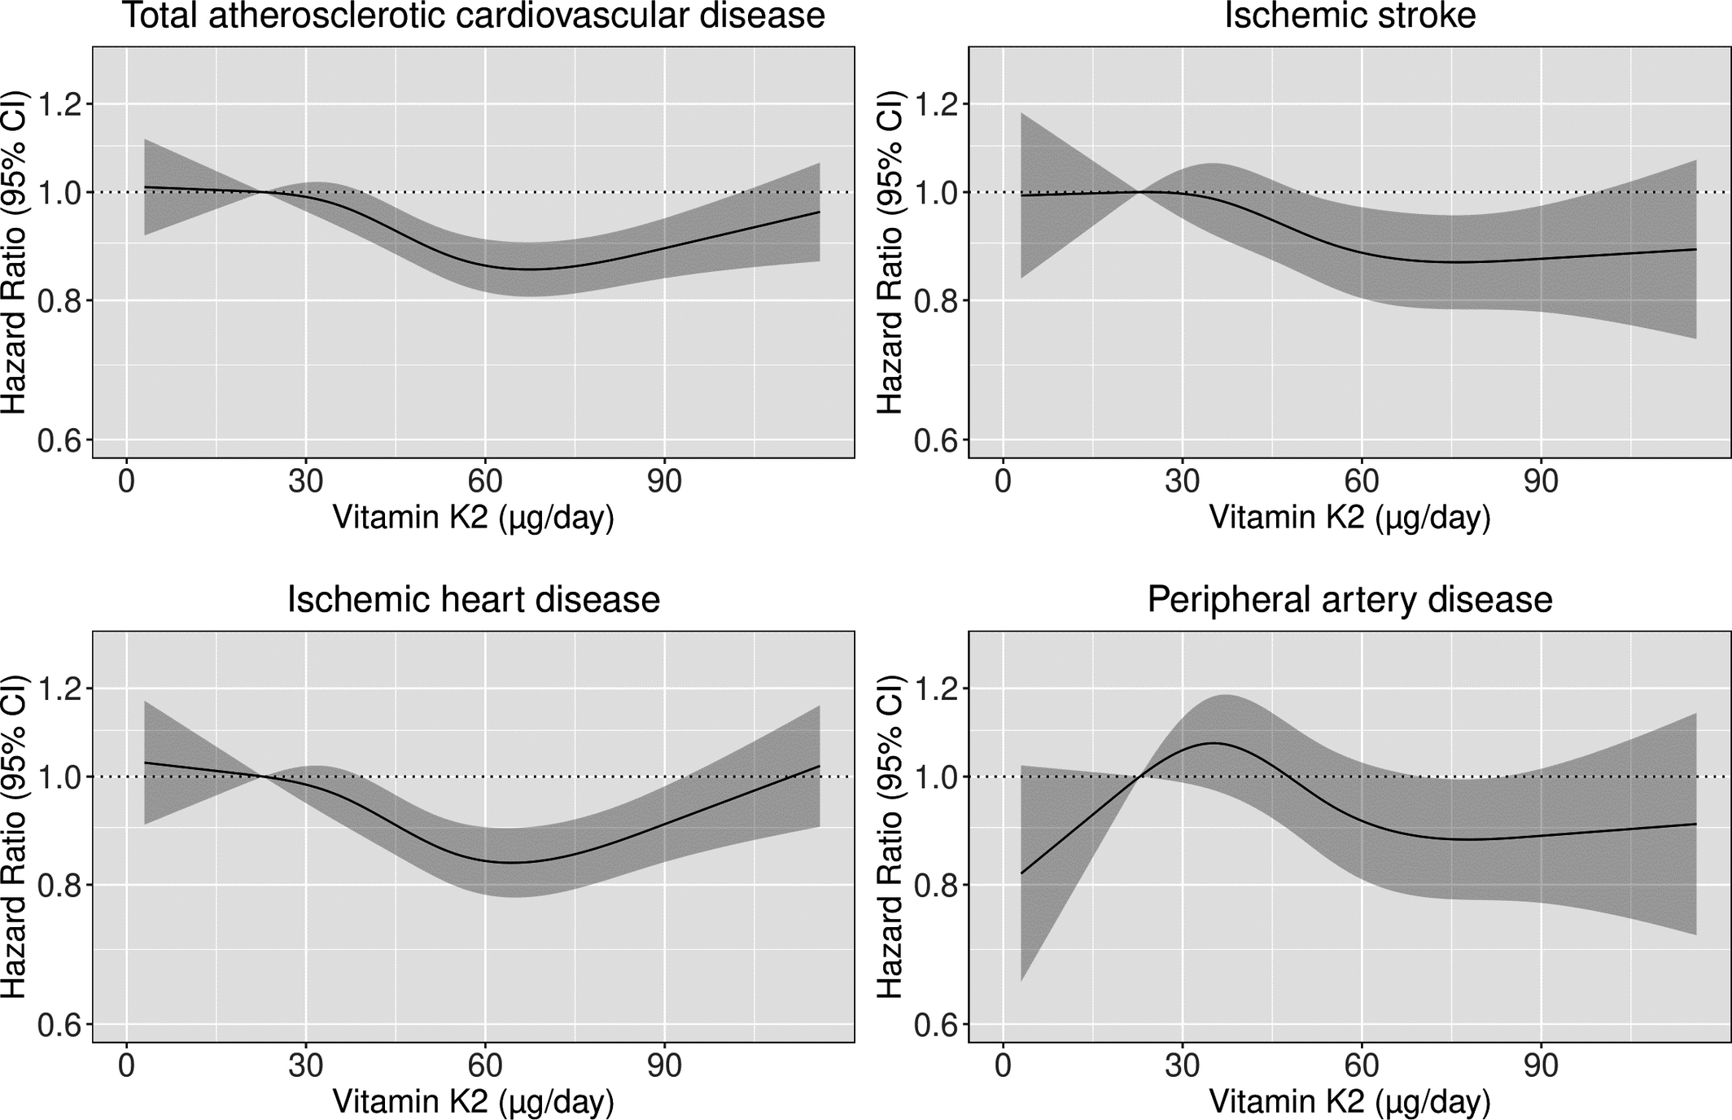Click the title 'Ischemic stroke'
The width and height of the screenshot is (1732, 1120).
point(1349,16)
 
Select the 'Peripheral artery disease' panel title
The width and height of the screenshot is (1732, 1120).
point(1349,600)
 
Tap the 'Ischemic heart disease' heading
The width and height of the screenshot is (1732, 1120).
point(473,600)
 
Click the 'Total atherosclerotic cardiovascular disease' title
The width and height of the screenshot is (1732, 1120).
point(473,16)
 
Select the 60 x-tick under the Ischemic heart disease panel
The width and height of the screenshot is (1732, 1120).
point(485,1066)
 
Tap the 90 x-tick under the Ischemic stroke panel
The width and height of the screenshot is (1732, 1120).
point(1541,482)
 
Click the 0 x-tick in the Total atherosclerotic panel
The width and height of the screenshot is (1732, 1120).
point(126,482)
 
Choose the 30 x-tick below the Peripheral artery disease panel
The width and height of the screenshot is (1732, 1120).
point(1182,1066)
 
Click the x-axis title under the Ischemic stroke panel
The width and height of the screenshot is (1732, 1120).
point(1349,518)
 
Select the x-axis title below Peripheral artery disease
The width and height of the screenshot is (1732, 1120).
point(1349,1102)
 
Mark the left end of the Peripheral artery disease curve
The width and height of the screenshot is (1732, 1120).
point(1021,873)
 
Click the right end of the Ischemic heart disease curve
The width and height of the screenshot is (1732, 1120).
point(820,766)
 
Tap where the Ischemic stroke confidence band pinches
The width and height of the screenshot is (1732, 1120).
point(1140,192)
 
